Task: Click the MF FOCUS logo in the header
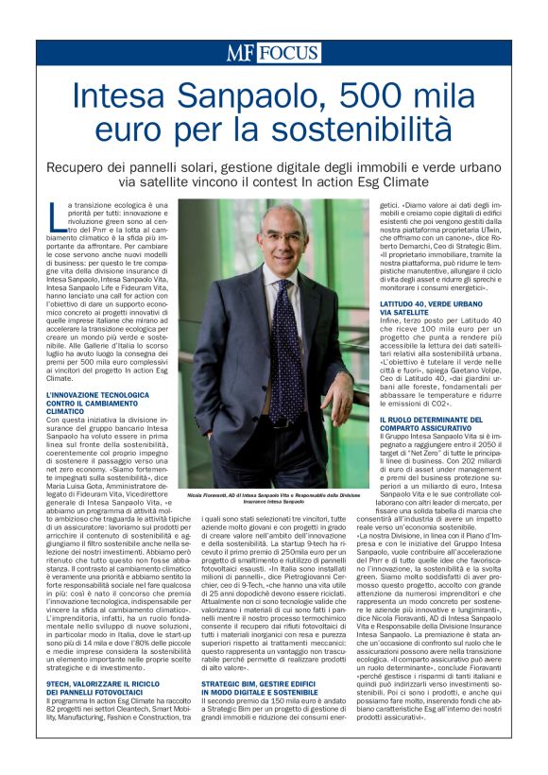point(273,53)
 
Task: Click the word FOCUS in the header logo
point(291,53)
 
